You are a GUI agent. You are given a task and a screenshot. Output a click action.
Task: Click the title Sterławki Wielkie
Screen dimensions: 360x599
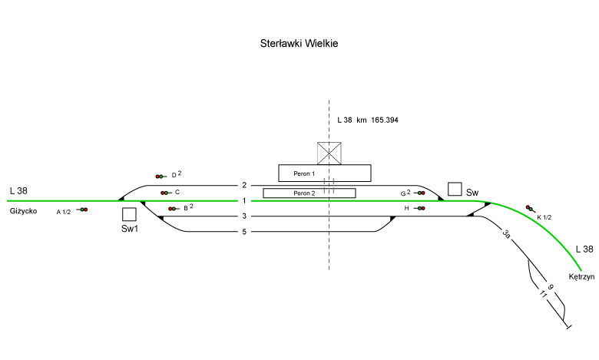(x=299, y=44)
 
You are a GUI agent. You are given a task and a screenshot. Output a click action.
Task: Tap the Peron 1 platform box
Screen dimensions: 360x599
(x=324, y=173)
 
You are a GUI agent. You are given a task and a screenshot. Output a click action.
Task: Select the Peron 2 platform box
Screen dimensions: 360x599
(x=309, y=193)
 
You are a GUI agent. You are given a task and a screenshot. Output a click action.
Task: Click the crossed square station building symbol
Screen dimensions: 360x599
(x=329, y=153)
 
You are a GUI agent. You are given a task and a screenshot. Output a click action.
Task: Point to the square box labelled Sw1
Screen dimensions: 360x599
(x=129, y=214)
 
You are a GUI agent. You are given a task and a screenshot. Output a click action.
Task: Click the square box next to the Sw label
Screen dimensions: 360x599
(x=455, y=189)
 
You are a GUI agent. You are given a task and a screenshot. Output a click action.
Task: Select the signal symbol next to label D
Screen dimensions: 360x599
(x=160, y=177)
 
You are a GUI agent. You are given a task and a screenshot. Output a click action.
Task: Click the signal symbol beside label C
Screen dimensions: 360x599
(x=165, y=193)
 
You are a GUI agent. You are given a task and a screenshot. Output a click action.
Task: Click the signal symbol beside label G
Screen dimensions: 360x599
(x=419, y=193)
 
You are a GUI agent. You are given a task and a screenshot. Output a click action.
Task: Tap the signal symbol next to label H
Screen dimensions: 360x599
(x=419, y=208)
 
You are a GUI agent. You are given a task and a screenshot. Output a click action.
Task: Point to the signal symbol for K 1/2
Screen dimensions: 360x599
(x=529, y=207)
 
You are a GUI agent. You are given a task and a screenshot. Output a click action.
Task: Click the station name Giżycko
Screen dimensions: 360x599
(x=24, y=211)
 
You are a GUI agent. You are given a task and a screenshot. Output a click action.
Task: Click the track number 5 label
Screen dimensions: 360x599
(x=243, y=232)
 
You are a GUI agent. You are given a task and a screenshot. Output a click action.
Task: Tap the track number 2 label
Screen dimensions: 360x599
(x=243, y=185)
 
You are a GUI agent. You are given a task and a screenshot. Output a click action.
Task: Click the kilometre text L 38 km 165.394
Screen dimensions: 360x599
(x=368, y=121)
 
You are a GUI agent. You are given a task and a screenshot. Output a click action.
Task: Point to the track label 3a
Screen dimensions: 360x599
(x=506, y=234)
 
